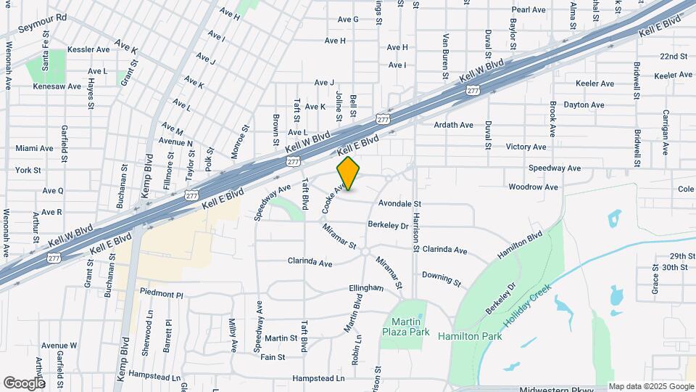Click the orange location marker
[349, 173]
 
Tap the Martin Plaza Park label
[402, 327]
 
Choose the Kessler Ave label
[88, 49]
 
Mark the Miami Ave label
[34, 148]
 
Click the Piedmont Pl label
[162, 295]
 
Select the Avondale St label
[399, 205]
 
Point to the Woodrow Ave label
[533, 187]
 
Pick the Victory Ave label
[526, 147]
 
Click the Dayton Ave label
[584, 105]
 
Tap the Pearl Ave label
[528, 10]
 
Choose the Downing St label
[442, 278]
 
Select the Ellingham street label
[365, 288]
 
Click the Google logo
[24, 383]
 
